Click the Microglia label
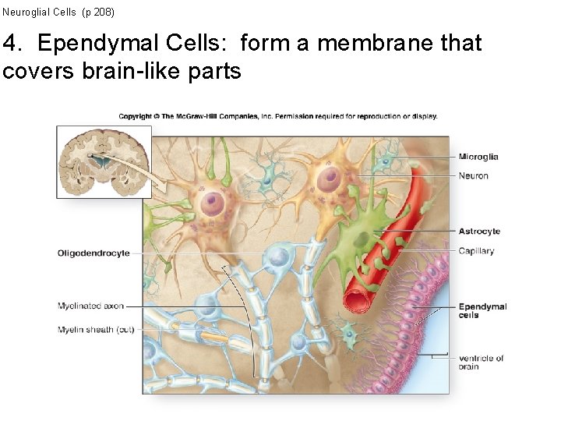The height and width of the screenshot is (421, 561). (478, 157)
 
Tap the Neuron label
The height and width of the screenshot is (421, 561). (473, 175)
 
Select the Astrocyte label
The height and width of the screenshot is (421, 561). (478, 232)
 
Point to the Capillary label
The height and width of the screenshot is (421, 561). (476, 251)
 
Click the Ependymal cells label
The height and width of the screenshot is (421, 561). (482, 310)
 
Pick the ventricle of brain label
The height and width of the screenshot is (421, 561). (480, 362)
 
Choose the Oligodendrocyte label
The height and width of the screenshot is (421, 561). (93, 253)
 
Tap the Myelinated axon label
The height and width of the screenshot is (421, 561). (90, 306)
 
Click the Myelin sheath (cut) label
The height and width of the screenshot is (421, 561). (96, 330)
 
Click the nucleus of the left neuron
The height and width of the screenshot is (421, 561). (212, 204)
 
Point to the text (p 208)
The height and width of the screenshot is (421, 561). (97, 12)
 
